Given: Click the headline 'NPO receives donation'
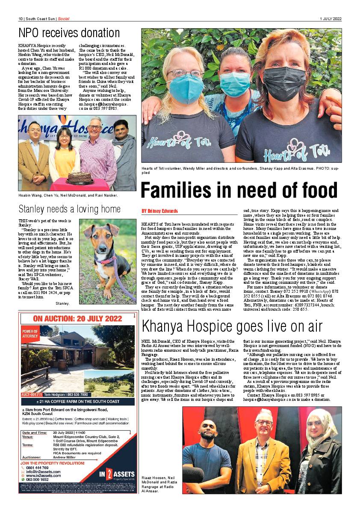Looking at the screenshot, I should pos(69,33).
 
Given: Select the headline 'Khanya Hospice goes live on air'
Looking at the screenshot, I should pos(232,326).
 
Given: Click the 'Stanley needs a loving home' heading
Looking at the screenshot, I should pos(69,209).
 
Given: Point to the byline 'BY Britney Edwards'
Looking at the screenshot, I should pos(159,211).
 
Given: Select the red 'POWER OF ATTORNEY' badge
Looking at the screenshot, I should pos(30,334).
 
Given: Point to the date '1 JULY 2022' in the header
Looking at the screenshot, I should pos(330,19).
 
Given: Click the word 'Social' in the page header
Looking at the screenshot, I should pos(64,19).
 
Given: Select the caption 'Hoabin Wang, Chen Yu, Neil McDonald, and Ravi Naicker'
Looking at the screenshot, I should pos(68,195).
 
